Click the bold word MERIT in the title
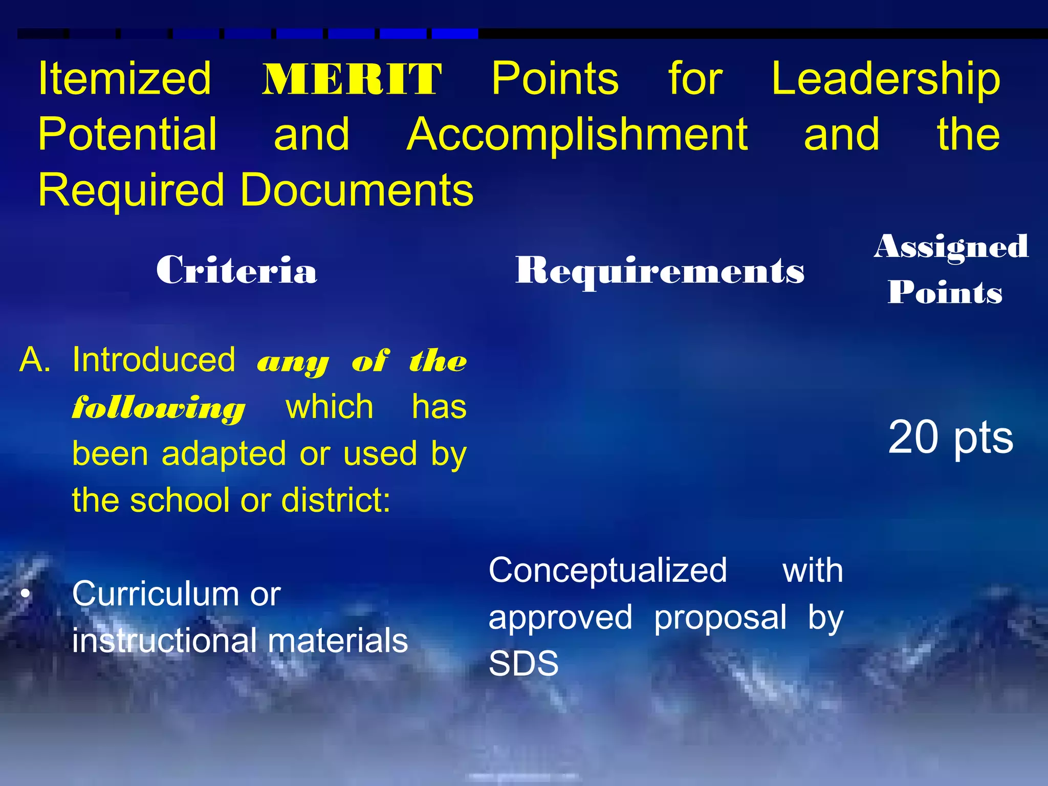[x=352, y=79]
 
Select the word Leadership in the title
[x=885, y=79]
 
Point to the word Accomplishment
[x=577, y=135]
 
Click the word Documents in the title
[x=357, y=190]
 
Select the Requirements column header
[x=660, y=271]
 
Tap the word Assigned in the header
[x=951, y=248]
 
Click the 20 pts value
[x=950, y=437]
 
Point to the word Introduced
[x=154, y=360]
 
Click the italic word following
[x=159, y=408]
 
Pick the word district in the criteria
[x=335, y=500]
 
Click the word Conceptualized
[x=607, y=571]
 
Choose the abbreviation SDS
[x=523, y=664]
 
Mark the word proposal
[x=720, y=618]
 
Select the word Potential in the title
[x=127, y=134]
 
